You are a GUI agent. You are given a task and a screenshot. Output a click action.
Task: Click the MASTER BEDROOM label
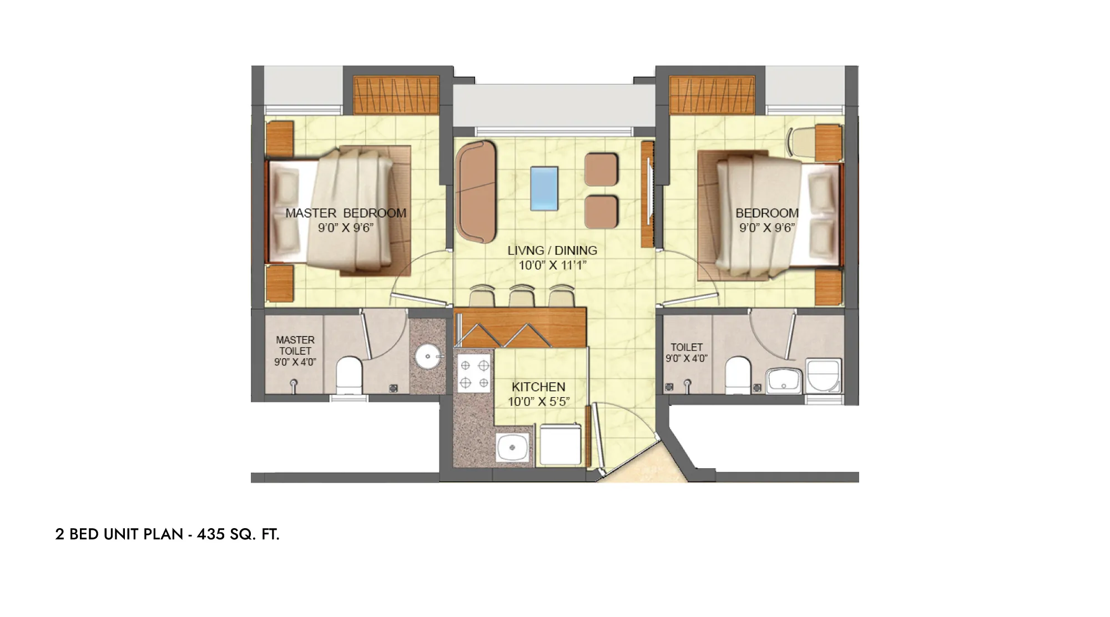pos(346,213)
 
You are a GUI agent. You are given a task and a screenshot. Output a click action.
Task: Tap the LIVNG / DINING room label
pos(552,250)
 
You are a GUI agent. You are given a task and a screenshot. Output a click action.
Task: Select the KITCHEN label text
pos(538,387)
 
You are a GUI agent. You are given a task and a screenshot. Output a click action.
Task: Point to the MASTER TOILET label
pos(295,345)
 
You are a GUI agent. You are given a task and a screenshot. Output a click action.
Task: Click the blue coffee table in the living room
pos(544,188)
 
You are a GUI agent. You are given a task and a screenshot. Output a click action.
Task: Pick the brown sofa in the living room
pos(476,192)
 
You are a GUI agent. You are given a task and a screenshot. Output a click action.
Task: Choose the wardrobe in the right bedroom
pos(712,95)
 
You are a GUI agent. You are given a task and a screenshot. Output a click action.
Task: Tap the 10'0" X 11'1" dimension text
pos(552,265)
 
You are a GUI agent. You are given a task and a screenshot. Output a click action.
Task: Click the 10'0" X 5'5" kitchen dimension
pos(538,402)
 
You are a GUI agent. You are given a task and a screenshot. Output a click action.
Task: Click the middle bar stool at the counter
pos(522,295)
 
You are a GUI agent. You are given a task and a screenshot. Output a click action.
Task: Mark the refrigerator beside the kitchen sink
pos(561,444)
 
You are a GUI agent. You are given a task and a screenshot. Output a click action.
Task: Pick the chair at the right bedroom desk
pos(802,142)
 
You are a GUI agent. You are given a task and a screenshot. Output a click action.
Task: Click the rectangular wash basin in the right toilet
pos(784,381)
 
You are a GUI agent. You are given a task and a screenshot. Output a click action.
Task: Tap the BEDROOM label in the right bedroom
pos(767,213)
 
